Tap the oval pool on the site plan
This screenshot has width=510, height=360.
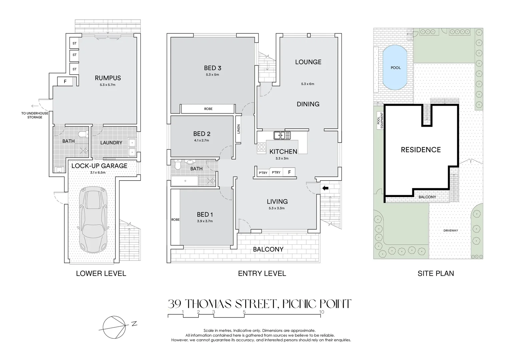(396, 68)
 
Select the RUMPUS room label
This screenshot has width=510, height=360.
(108, 78)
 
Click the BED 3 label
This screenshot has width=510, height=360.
(212, 68)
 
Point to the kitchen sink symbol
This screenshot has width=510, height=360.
(282, 135)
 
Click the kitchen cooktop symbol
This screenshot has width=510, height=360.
(261, 147)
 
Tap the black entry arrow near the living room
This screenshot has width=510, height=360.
(325, 188)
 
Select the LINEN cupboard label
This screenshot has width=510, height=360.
(238, 129)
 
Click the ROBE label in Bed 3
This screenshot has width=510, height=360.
(208, 109)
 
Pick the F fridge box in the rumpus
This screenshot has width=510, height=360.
(65, 81)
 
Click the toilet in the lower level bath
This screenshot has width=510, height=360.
(82, 134)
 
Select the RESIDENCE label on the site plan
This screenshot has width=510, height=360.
(421, 150)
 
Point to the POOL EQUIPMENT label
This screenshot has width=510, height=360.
(380, 121)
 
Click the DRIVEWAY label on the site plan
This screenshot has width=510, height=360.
(451, 230)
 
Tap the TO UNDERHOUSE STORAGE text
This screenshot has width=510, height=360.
(35, 115)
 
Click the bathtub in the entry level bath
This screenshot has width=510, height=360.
(184, 182)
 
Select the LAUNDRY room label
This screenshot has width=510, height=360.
(111, 143)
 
